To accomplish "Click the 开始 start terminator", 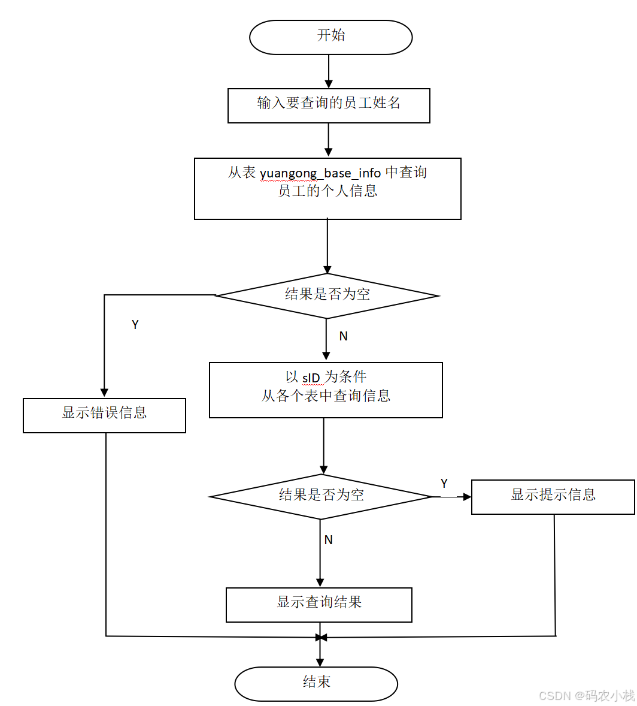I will pyautogui.click(x=330, y=37).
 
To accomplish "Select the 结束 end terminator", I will pyautogui.click(x=316, y=683).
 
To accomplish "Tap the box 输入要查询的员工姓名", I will pyautogui.click(x=329, y=105).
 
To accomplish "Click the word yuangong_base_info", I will pyautogui.click(x=320, y=173).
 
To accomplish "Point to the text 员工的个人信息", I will pyautogui.click(x=327, y=191).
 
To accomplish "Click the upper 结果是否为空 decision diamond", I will pyautogui.click(x=327, y=295).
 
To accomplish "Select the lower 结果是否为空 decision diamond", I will pyautogui.click(x=321, y=496).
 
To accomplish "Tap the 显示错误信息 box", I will pyautogui.click(x=104, y=415).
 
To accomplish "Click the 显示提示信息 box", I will pyautogui.click(x=553, y=496).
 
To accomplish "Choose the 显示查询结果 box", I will pyautogui.click(x=318, y=604).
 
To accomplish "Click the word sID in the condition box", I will pyautogui.click(x=311, y=378).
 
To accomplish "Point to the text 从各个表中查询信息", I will pyautogui.click(x=326, y=396).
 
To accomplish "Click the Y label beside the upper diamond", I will pyautogui.click(x=135, y=325).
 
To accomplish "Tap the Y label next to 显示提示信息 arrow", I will pyautogui.click(x=444, y=484).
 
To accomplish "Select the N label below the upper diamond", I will pyautogui.click(x=343, y=337).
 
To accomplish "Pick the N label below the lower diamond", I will pyautogui.click(x=328, y=540).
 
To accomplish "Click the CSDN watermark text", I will pyautogui.click(x=586, y=695).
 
